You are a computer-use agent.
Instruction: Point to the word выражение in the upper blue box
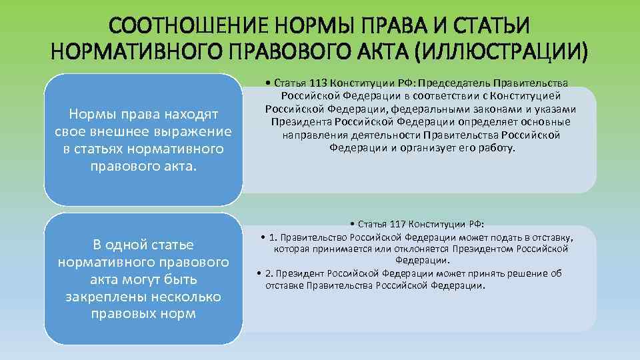[193, 131]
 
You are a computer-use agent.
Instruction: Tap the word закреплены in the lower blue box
[99, 296]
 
